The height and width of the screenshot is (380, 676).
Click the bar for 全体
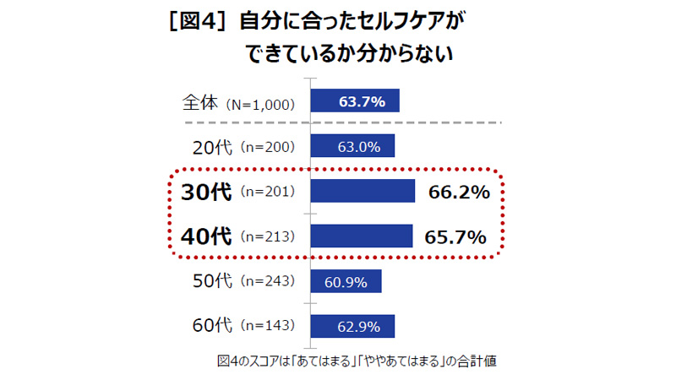(355, 101)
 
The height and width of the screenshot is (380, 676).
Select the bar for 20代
(352, 146)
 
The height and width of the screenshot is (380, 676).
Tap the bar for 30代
(363, 192)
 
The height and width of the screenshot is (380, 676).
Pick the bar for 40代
(362, 236)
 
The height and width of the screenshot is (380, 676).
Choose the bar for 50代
(346, 281)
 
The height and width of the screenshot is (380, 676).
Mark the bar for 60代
(352, 326)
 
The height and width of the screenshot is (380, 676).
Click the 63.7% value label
(362, 102)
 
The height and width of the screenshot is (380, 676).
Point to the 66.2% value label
(459, 193)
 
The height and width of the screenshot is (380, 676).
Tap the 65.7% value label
(456, 237)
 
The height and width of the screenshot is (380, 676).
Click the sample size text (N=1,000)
(259, 105)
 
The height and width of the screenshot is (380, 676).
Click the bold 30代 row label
(206, 192)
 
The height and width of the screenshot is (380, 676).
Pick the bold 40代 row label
(206, 237)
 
